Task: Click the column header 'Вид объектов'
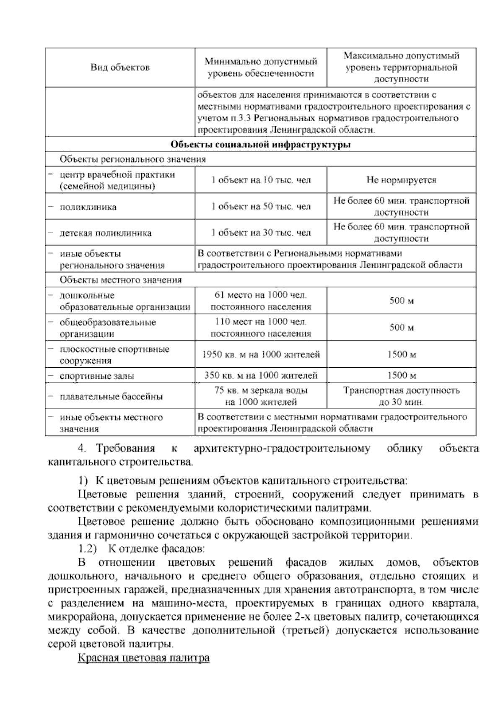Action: [120, 68]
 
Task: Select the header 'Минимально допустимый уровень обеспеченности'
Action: [260, 68]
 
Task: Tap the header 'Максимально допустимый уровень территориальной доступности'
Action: [401, 68]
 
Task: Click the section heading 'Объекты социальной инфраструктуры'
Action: [260, 145]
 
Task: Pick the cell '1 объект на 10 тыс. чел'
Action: [260, 180]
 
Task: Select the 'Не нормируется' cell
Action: [401, 180]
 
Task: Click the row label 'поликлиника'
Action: [88, 207]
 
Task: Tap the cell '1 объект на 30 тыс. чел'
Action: [260, 233]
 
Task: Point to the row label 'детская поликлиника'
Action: [106, 233]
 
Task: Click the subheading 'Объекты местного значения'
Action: [121, 280]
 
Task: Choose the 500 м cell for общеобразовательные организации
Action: [401, 327]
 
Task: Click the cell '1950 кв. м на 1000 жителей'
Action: [260, 355]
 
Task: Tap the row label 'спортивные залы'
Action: [97, 376]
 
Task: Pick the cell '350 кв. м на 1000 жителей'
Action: [260, 375]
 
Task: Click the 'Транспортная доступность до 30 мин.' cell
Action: [401, 396]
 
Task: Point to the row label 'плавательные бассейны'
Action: [111, 397]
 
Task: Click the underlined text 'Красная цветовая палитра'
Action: [143, 658]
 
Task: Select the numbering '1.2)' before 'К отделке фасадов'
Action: [88, 548]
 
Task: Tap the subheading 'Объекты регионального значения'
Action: [132, 159]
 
